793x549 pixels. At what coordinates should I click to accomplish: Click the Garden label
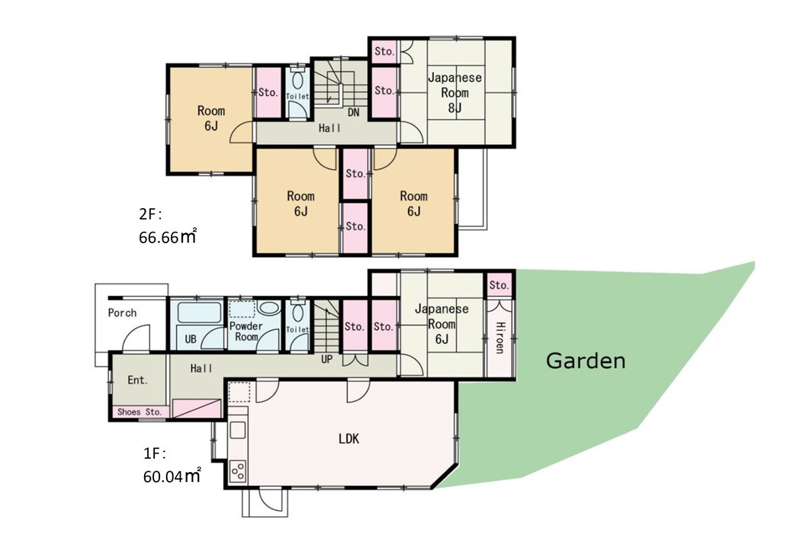(x=586, y=361)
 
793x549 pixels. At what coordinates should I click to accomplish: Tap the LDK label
(x=349, y=438)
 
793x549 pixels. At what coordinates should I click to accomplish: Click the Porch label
(x=123, y=313)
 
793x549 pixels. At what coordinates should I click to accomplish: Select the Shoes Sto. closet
(x=139, y=412)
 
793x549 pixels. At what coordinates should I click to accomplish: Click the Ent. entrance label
(x=137, y=380)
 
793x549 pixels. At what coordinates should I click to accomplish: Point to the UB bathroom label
(x=191, y=339)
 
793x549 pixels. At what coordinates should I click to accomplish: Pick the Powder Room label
(x=246, y=331)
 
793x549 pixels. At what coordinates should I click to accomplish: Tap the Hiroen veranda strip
(x=499, y=338)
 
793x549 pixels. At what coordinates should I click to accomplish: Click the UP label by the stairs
(x=326, y=359)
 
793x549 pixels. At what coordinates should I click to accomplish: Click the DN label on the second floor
(x=354, y=112)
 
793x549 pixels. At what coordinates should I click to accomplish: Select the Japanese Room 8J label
(x=454, y=92)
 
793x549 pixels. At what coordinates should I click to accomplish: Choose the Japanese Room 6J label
(x=441, y=323)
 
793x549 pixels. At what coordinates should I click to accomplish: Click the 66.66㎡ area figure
(x=168, y=236)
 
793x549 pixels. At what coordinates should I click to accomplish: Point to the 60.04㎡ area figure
(x=172, y=476)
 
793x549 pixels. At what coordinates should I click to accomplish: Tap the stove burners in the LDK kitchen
(x=238, y=472)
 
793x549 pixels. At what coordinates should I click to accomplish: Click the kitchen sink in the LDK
(x=238, y=430)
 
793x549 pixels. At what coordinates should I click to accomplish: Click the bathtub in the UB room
(x=200, y=313)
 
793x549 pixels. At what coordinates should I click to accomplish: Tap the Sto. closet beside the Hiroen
(x=499, y=285)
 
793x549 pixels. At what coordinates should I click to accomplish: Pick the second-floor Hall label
(x=329, y=128)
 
